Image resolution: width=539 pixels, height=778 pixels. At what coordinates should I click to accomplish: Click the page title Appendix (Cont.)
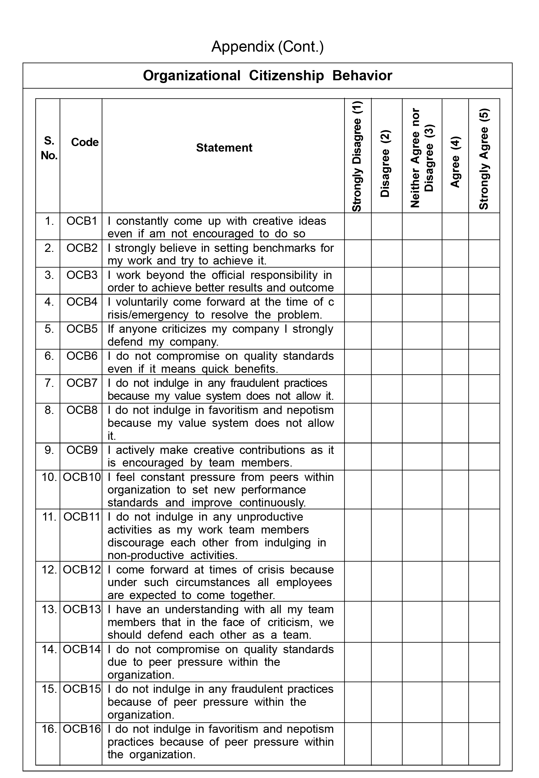tap(267, 47)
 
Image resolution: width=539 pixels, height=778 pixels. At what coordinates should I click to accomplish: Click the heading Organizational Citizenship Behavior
tap(267, 76)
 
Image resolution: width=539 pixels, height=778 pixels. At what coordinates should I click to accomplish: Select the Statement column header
tap(224, 148)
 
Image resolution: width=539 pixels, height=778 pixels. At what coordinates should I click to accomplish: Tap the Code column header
tap(85, 142)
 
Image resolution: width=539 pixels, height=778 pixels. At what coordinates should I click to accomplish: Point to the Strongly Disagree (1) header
tap(357, 156)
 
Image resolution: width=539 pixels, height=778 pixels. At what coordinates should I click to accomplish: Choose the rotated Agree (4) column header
tap(455, 162)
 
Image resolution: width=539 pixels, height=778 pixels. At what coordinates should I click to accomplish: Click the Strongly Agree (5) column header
tap(484, 159)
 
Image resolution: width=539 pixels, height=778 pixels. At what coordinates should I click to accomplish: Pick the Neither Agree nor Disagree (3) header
tap(422, 158)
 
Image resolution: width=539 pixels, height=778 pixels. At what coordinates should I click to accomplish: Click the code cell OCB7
tap(82, 383)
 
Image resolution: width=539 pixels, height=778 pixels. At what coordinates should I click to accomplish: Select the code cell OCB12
tap(82, 570)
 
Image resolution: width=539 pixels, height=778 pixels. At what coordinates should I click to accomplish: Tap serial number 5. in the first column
tap(49, 329)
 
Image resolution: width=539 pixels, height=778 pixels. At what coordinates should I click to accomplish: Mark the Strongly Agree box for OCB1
tap(484, 226)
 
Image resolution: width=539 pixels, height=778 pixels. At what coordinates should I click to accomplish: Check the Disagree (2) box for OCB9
tap(387, 456)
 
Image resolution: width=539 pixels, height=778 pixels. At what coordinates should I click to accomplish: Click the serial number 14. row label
tap(49, 649)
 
